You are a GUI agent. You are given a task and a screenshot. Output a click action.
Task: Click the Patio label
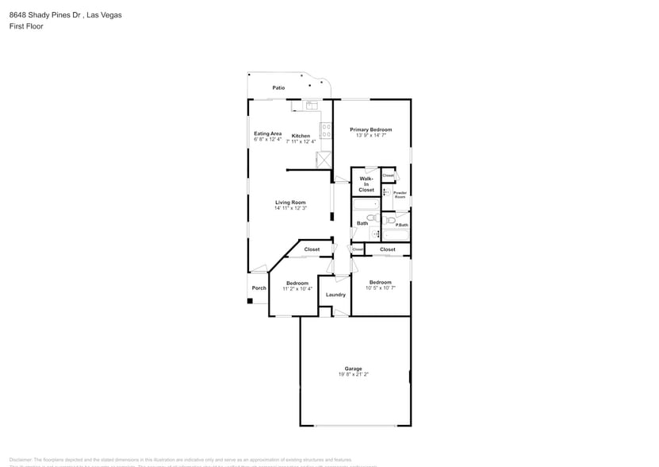click(278, 87)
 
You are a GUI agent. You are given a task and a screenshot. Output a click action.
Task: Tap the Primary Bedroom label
click(371, 129)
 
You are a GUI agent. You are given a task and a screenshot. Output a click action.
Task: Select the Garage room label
click(353, 369)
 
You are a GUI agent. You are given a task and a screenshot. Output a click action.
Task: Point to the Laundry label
click(335, 295)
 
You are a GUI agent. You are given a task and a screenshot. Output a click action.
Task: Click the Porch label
click(259, 288)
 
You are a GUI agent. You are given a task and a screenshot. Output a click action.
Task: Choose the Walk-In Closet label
click(366, 184)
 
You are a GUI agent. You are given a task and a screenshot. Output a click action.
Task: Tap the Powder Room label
click(400, 195)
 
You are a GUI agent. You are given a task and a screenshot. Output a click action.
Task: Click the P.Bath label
click(402, 225)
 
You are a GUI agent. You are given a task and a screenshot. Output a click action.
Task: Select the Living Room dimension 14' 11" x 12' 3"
click(290, 208)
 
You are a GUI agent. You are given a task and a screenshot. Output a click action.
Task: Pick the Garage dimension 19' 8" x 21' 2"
click(353, 374)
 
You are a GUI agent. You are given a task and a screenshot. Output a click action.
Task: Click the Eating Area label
click(267, 133)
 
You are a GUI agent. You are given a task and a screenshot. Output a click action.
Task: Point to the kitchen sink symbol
click(311, 105)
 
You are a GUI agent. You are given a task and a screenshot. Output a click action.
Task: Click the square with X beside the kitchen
click(323, 160)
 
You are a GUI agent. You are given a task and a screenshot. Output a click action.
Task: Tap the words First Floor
click(26, 26)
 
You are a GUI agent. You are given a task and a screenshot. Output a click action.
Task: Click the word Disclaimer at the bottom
click(21, 460)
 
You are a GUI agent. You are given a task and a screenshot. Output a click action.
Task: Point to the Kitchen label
click(301, 136)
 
